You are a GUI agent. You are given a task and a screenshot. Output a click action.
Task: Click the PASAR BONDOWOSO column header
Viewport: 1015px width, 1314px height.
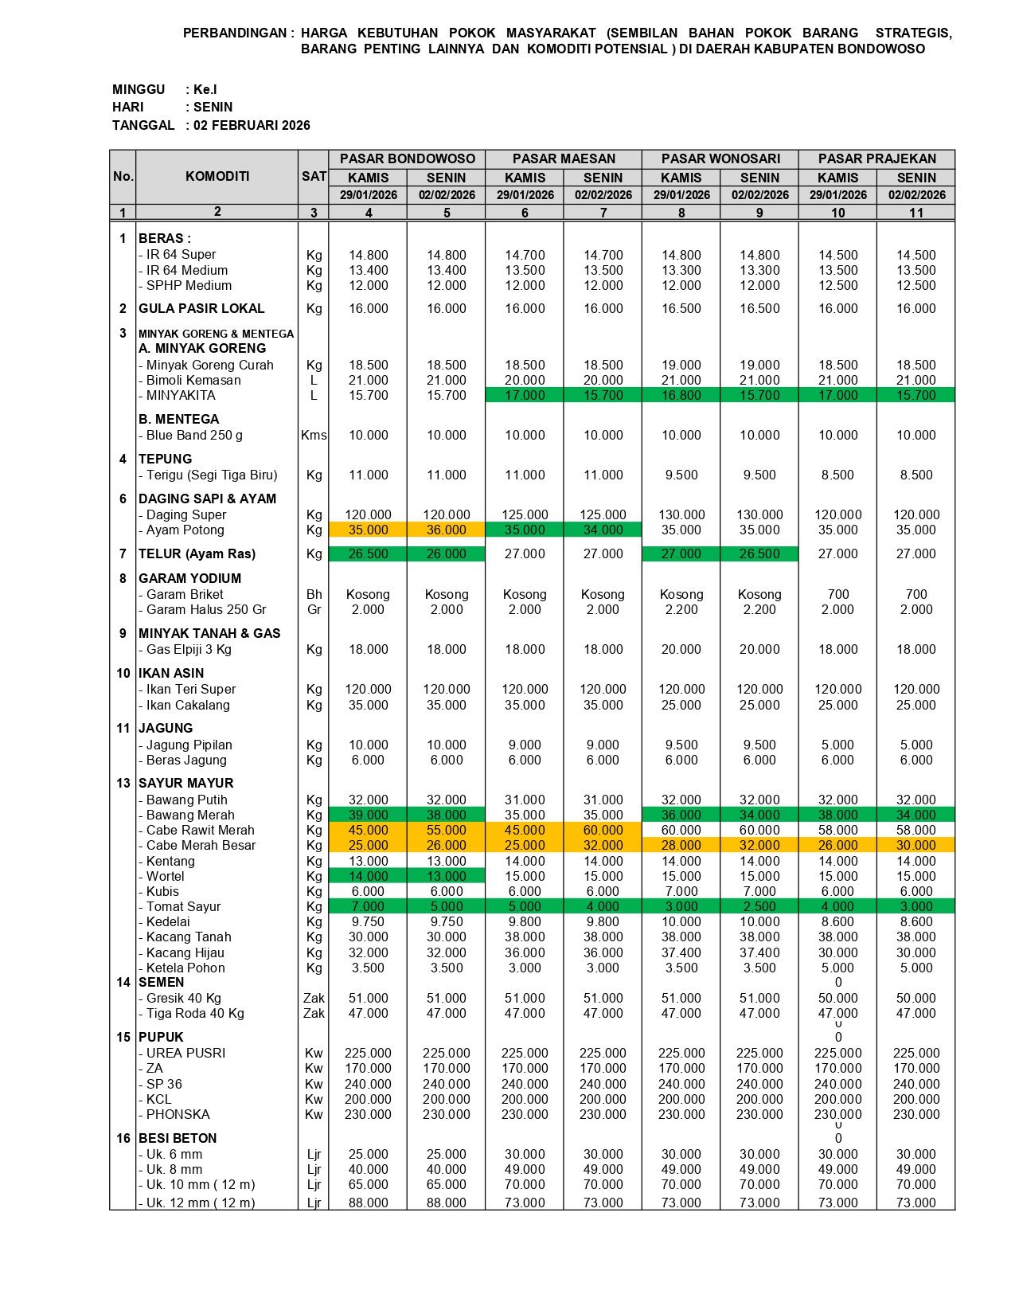click(x=407, y=158)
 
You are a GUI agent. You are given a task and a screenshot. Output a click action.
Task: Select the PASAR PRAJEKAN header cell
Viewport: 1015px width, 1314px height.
click(x=876, y=158)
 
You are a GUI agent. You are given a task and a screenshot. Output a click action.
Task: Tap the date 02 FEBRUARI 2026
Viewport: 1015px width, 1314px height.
click(x=252, y=125)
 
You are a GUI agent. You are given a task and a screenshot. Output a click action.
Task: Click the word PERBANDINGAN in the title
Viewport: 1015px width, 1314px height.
click(x=235, y=33)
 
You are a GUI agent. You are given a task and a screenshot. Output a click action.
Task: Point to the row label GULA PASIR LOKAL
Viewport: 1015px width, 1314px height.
click(x=201, y=308)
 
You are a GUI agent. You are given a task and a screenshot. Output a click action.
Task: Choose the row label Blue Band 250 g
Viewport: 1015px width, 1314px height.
click(x=194, y=435)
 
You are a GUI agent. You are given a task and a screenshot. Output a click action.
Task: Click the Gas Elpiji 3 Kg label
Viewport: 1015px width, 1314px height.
click(x=189, y=649)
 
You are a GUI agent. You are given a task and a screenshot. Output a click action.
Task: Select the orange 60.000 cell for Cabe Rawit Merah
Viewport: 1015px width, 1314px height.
click(x=603, y=830)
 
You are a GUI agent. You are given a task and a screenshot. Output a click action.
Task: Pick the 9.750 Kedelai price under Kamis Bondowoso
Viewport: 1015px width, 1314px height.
click(x=368, y=921)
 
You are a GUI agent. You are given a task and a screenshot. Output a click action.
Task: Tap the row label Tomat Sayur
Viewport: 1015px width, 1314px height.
click(x=183, y=906)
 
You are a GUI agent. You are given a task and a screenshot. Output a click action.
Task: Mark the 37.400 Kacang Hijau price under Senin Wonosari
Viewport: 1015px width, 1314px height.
click(x=759, y=952)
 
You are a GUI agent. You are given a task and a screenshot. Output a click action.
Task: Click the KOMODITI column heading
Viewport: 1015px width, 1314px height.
click(x=217, y=176)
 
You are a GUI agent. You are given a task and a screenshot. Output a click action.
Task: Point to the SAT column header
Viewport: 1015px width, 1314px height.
click(x=314, y=176)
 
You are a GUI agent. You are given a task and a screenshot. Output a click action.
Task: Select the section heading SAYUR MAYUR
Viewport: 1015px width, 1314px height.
click(x=186, y=783)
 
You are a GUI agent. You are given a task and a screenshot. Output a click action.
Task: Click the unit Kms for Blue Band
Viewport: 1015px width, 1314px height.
click(x=314, y=435)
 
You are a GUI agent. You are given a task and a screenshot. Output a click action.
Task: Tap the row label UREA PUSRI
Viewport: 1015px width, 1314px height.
click(x=185, y=1053)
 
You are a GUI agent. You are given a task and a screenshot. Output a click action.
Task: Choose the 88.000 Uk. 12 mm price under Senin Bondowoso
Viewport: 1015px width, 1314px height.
click(x=446, y=1203)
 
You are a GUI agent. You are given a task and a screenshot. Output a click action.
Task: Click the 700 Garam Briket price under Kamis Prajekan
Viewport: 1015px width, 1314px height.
click(x=837, y=594)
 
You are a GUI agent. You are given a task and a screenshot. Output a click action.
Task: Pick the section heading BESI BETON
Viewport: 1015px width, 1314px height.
click(x=178, y=1138)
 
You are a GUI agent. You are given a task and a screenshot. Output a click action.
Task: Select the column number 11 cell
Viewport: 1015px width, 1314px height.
click(x=915, y=213)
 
